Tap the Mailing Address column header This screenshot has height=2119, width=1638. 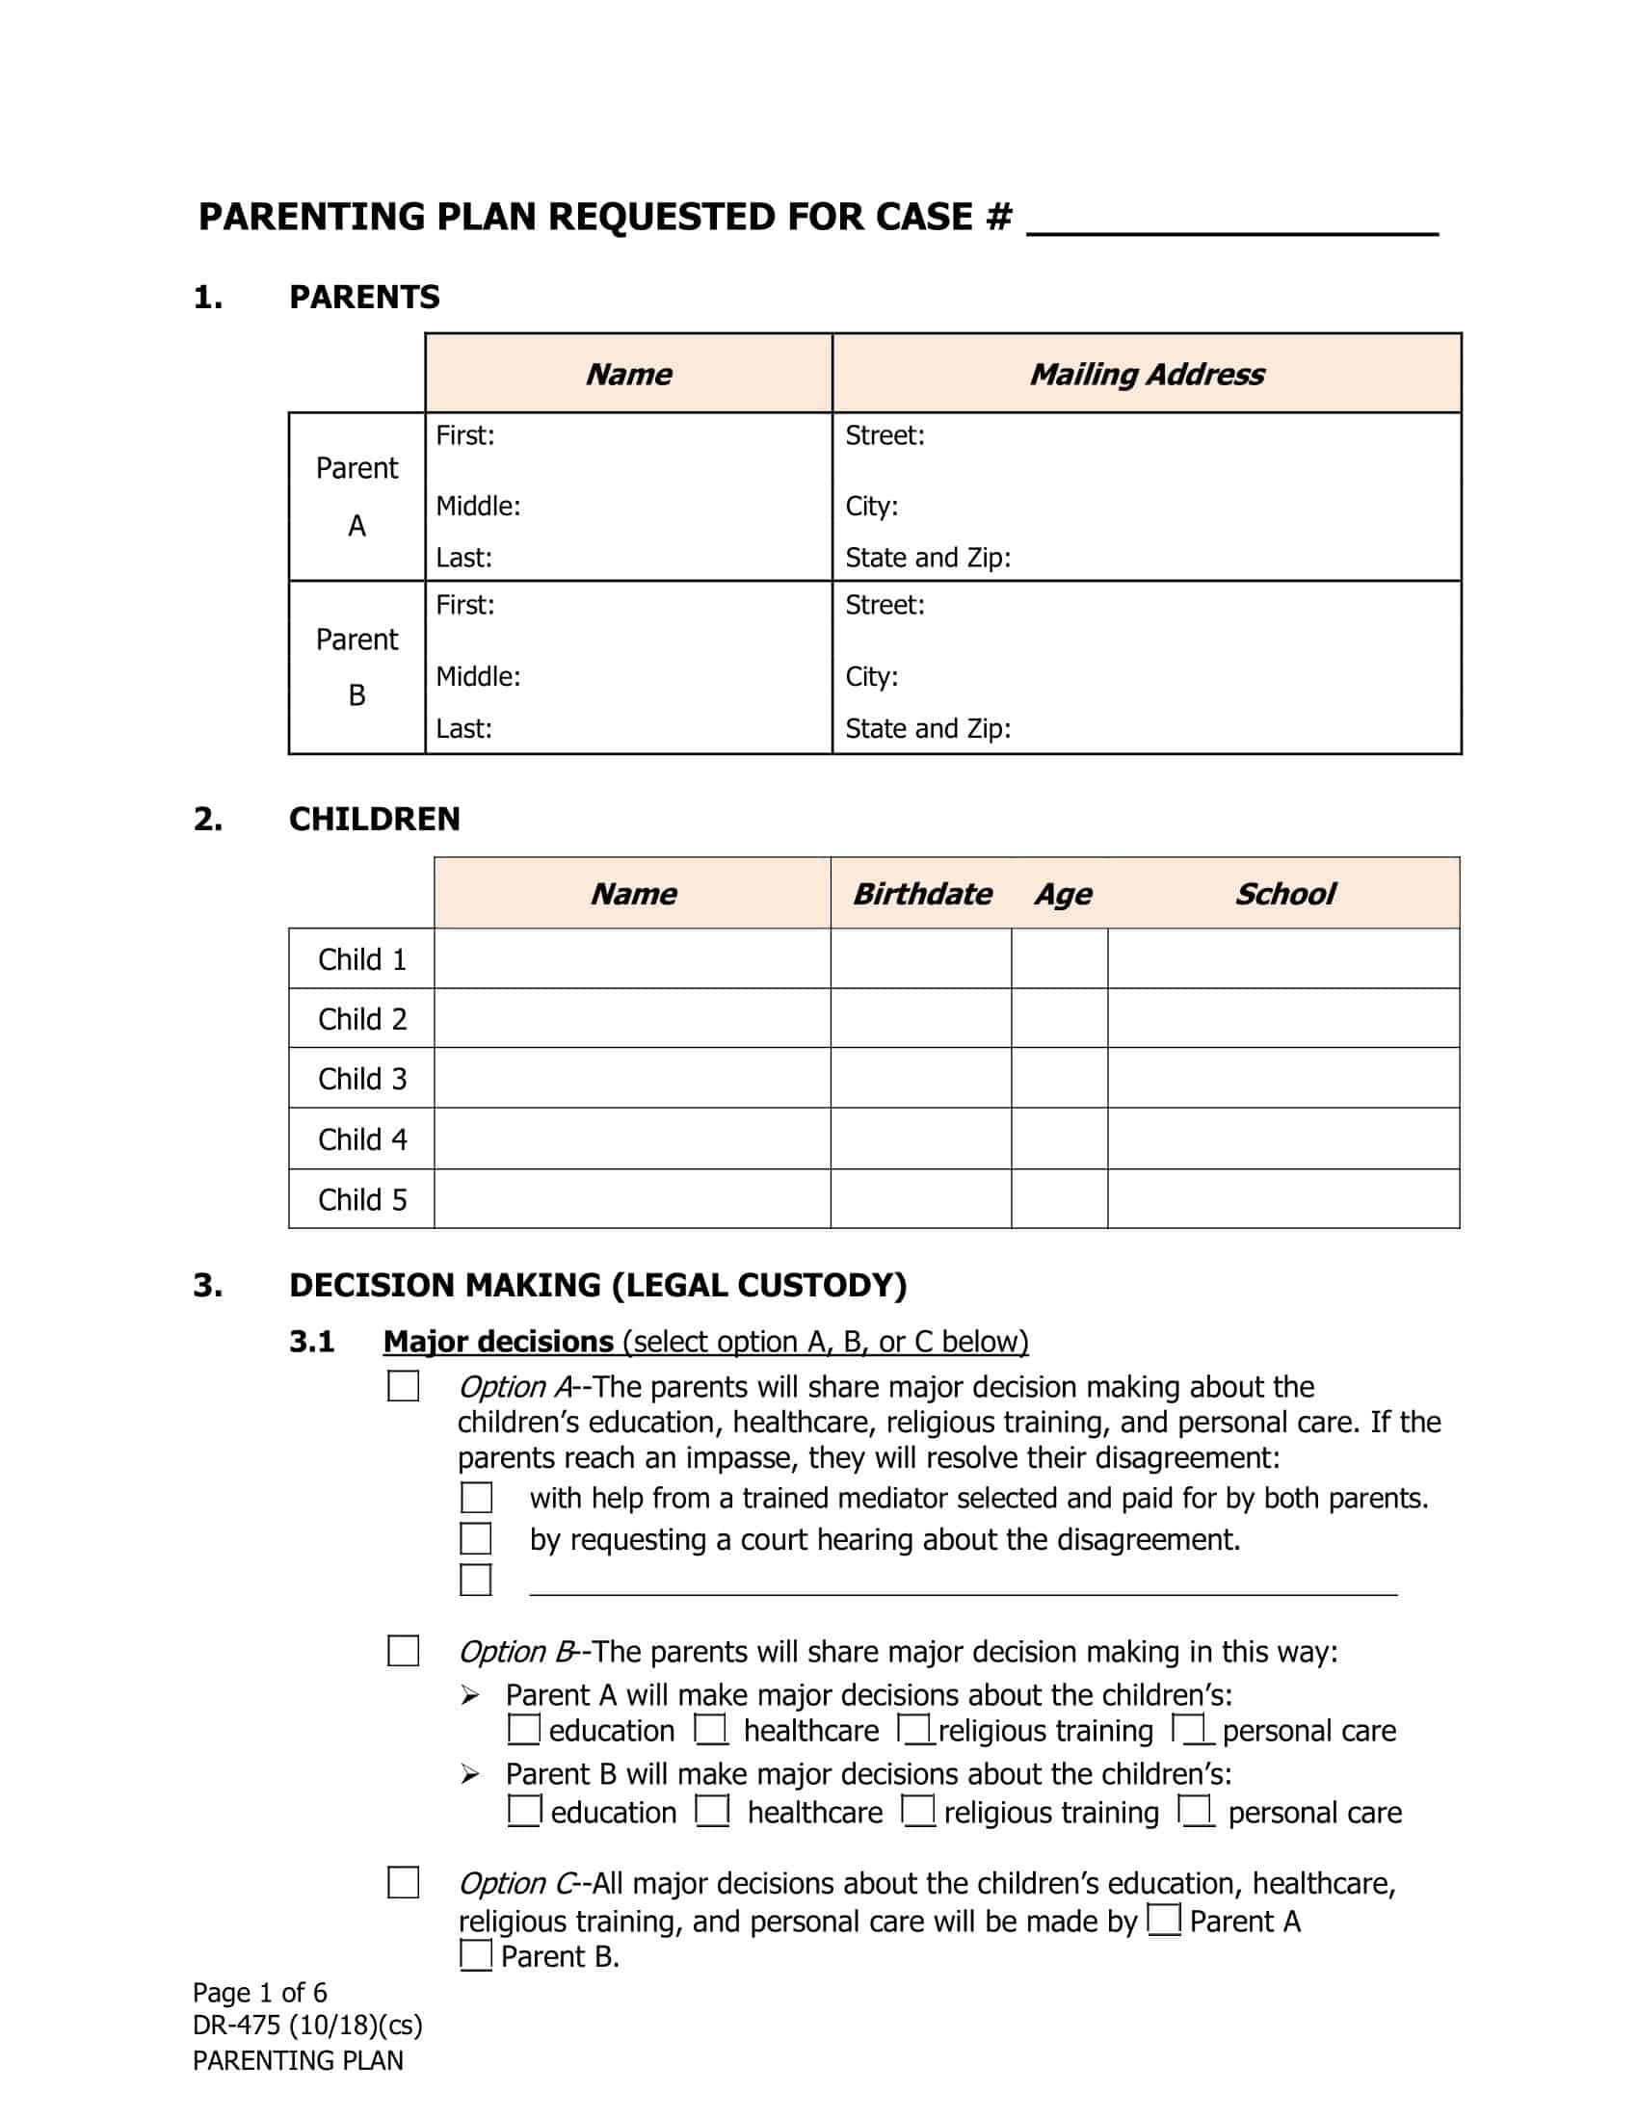point(1146,375)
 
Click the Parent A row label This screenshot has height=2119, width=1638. point(357,497)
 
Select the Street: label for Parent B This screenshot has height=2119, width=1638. point(884,606)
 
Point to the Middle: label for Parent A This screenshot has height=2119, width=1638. point(477,507)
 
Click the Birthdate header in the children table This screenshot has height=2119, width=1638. point(922,894)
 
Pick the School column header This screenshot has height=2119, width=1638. point(1283,894)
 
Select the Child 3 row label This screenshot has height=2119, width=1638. point(362,1079)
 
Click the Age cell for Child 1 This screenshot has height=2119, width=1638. point(1059,958)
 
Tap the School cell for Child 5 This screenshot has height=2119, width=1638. point(1282,1199)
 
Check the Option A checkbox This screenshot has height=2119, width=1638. point(404,1386)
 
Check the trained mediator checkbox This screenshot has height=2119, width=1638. point(476,1498)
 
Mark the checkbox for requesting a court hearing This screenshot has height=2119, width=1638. point(476,1539)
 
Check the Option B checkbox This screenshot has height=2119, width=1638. point(404,1651)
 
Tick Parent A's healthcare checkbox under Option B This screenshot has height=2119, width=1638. point(711,1730)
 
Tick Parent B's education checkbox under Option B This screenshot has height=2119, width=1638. point(525,1812)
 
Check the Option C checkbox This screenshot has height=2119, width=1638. point(404,1883)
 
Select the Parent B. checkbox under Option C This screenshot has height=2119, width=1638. point(475,1956)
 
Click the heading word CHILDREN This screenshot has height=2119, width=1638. point(375,820)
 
